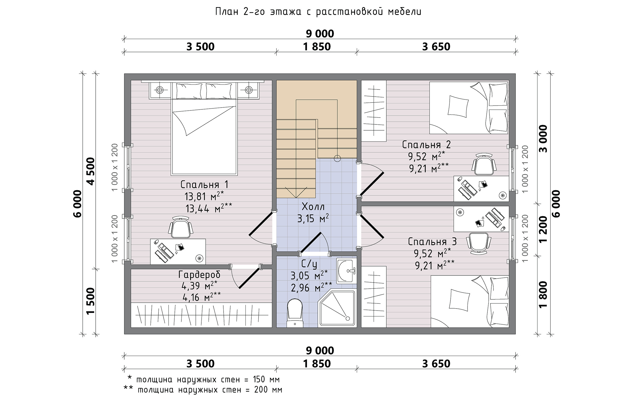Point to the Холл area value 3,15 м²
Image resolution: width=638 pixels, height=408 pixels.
[313, 219]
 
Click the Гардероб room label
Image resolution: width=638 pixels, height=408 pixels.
[199, 275]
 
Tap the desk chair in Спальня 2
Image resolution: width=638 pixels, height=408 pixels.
[484, 164]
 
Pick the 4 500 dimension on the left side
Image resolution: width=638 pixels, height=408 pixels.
[91, 171]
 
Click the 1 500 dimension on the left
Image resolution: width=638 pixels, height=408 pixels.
[91, 301]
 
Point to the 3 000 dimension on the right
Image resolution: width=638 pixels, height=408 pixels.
[543, 138]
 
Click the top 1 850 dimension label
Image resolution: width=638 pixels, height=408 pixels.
[317, 47]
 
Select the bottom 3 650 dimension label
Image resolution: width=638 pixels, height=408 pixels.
[436, 364]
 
